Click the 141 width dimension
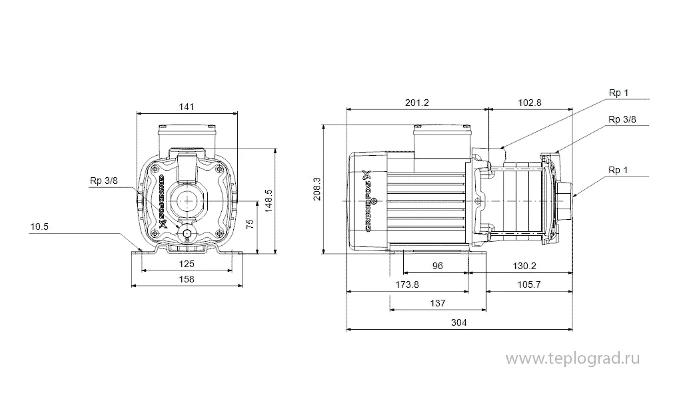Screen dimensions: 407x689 pos(188,106)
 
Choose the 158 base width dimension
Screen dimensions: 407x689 pos(187,279)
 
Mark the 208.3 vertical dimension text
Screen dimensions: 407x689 pos(317,187)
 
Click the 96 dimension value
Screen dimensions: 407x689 pos(437,266)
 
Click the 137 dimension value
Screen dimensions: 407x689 pos(437,303)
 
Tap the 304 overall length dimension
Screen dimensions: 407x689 pos(459,322)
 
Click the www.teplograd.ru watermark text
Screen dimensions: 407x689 pos(573,359)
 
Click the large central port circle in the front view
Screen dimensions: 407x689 pos(187,200)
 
